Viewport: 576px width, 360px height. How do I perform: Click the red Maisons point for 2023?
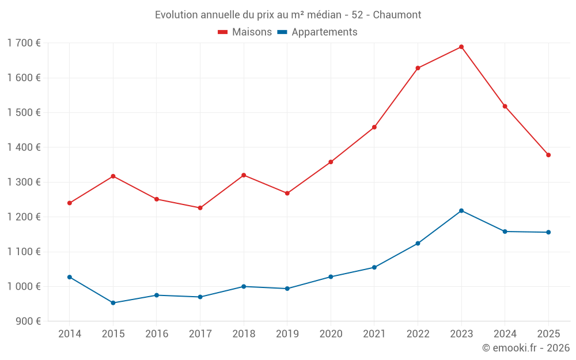461,47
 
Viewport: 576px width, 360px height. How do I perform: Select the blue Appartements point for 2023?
461,211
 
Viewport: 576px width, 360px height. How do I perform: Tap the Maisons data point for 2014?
70,203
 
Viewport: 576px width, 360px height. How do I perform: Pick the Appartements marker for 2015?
113,303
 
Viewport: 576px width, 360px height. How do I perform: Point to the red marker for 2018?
244,175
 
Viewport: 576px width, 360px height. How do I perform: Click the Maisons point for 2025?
548,155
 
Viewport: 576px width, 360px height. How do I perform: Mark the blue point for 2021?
374,267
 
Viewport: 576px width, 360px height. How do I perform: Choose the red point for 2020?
331,162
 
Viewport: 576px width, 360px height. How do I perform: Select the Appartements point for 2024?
505,232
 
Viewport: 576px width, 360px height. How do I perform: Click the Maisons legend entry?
245,32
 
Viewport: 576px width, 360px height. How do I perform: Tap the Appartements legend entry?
317,32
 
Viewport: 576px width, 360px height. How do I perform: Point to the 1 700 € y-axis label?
24,43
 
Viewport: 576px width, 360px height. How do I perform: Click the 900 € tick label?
27,321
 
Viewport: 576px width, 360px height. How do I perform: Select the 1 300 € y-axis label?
24,182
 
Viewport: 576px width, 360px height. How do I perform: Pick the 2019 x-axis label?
287,334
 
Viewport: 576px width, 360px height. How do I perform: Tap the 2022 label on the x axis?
418,334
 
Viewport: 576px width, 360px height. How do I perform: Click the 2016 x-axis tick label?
157,334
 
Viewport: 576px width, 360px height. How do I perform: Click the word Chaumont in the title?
397,15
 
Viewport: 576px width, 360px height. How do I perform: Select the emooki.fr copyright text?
525,348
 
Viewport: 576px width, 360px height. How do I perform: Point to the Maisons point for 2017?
200,208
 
